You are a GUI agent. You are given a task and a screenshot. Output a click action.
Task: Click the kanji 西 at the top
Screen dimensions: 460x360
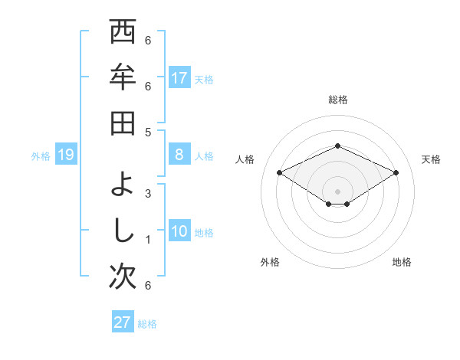(123, 34)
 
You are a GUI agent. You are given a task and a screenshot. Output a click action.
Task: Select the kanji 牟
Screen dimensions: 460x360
(123, 79)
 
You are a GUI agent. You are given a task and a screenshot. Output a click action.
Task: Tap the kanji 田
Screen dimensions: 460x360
(123, 123)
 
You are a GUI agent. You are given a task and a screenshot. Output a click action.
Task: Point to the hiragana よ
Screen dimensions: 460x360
(123, 185)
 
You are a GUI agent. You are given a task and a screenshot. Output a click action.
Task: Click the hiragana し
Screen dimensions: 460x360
(123, 230)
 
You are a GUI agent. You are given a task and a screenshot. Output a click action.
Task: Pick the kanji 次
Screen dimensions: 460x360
(123, 276)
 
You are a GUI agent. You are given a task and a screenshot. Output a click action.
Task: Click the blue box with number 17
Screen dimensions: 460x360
(179, 77)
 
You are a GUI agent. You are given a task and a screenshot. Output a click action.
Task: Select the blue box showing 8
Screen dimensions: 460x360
(179, 155)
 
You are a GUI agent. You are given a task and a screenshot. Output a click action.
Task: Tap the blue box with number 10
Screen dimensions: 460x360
(179, 231)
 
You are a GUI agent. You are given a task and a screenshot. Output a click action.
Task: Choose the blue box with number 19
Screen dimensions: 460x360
(65, 155)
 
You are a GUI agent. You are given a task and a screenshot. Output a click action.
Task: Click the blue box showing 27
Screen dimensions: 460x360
(123, 322)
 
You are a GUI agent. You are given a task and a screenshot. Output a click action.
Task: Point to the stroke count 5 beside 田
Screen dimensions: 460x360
(148, 132)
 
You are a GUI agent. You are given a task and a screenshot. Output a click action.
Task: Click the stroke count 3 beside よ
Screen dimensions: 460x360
(148, 193)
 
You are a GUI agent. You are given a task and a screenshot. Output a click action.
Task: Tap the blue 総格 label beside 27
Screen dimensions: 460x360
(147, 324)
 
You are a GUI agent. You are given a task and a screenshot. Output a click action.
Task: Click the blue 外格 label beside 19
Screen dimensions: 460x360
(41, 156)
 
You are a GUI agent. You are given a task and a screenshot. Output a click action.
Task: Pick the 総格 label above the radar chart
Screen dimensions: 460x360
(337, 100)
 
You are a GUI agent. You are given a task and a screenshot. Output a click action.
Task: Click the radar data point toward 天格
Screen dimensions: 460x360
(396, 172)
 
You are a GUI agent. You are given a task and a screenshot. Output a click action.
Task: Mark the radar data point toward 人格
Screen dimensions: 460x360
(279, 172)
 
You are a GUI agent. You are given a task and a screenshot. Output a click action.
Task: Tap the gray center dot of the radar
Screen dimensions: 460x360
(337, 191)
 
